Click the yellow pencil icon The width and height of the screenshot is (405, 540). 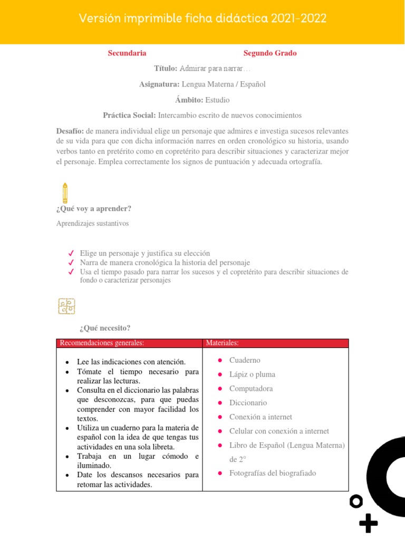click(x=65, y=192)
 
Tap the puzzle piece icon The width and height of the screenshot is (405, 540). click(x=66, y=306)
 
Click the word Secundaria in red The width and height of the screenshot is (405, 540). click(x=127, y=53)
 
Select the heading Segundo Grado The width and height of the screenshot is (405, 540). click(x=270, y=53)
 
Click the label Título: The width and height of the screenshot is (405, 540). click(x=166, y=69)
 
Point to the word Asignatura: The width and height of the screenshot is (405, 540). click(x=159, y=84)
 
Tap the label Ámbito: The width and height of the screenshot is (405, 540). click(x=189, y=100)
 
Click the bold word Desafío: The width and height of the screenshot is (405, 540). click(x=70, y=131)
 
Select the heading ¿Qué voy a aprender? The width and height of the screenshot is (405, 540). click(x=93, y=209)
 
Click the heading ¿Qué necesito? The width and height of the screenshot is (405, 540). click(x=104, y=329)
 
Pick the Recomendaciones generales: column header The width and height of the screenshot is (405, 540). click(x=102, y=343)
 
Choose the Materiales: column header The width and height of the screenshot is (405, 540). click(x=222, y=343)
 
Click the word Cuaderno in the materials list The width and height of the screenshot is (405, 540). click(x=245, y=360)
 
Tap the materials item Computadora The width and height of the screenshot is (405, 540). click(x=251, y=389)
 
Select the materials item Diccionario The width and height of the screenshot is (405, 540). click(x=248, y=403)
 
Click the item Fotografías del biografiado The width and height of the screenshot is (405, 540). click(x=273, y=473)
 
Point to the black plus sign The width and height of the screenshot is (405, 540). click(x=368, y=523)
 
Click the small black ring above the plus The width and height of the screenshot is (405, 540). click(x=356, y=502)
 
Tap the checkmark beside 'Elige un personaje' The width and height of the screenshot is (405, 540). click(x=71, y=254)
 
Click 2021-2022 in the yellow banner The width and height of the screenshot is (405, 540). click(x=299, y=19)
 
